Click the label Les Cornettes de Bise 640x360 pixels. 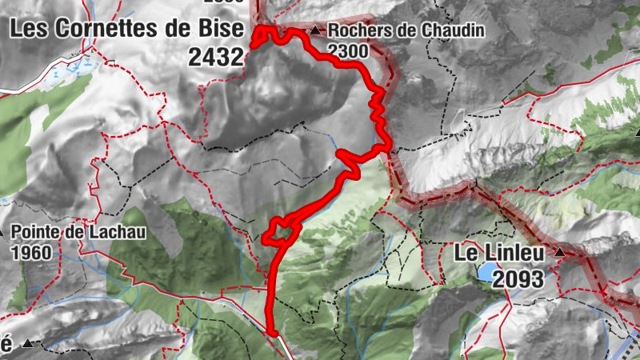coord(124,29)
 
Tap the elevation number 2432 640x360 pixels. coord(216,56)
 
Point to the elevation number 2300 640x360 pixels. coord(346,51)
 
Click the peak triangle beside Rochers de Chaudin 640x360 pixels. coord(315,31)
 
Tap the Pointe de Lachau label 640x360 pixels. coord(66,233)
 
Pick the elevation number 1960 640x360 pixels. coord(32,253)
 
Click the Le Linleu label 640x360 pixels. coord(499,254)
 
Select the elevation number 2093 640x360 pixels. coord(518,279)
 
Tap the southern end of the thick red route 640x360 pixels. coord(271,331)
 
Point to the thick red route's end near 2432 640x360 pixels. coord(254,44)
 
